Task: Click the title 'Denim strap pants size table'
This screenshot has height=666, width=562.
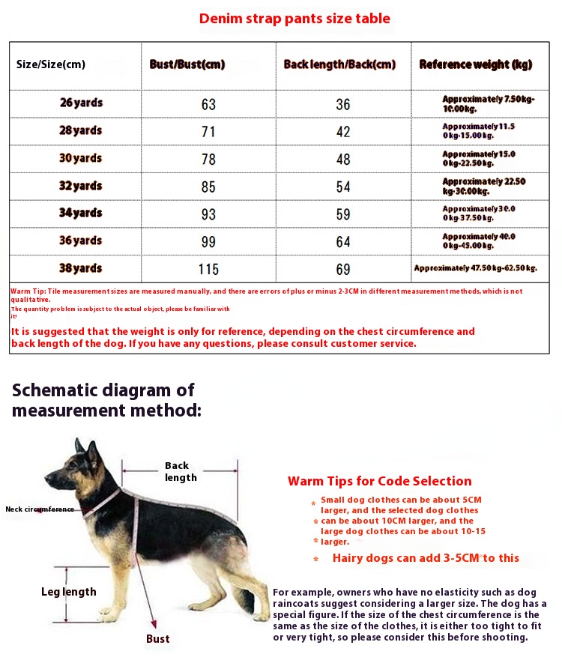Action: [294, 19]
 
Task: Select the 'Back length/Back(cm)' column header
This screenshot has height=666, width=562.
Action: [339, 64]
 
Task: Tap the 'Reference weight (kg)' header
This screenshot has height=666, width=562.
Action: [475, 64]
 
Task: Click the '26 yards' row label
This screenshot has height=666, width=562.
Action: [81, 103]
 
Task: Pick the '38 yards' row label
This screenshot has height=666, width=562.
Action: [80, 268]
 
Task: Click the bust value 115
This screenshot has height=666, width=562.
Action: [208, 269]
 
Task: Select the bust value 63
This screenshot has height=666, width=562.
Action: [208, 104]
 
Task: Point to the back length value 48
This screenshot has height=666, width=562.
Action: [343, 159]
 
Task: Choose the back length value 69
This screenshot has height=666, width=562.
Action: [343, 269]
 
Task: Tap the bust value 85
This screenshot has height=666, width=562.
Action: [208, 187]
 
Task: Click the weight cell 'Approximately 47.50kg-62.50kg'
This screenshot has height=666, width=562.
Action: [476, 267]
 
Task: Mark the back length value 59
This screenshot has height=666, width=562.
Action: [343, 214]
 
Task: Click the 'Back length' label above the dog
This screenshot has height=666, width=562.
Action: [180, 471]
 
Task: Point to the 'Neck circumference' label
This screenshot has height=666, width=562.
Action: [40, 509]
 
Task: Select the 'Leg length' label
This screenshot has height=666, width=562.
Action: [68, 592]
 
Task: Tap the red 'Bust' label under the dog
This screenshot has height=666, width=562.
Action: [157, 639]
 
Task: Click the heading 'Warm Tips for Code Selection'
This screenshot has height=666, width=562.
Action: [379, 481]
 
